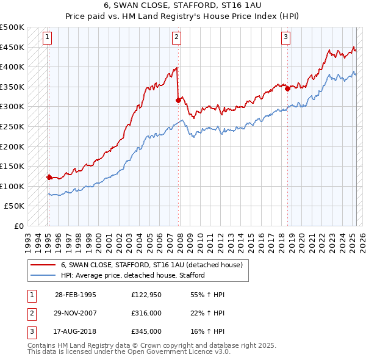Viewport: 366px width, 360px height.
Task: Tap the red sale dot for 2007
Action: tap(178, 100)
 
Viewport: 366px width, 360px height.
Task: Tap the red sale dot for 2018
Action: tap(287, 88)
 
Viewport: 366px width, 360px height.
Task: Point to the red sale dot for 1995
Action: tap(49, 177)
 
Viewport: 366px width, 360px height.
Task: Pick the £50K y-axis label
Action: tap(15, 206)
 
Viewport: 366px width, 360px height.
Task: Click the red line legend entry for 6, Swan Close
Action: tap(152, 265)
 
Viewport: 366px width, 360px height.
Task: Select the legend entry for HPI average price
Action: tap(132, 275)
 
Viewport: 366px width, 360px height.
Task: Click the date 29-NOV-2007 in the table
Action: tap(76, 313)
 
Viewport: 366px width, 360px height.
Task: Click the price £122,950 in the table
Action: tap(146, 295)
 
